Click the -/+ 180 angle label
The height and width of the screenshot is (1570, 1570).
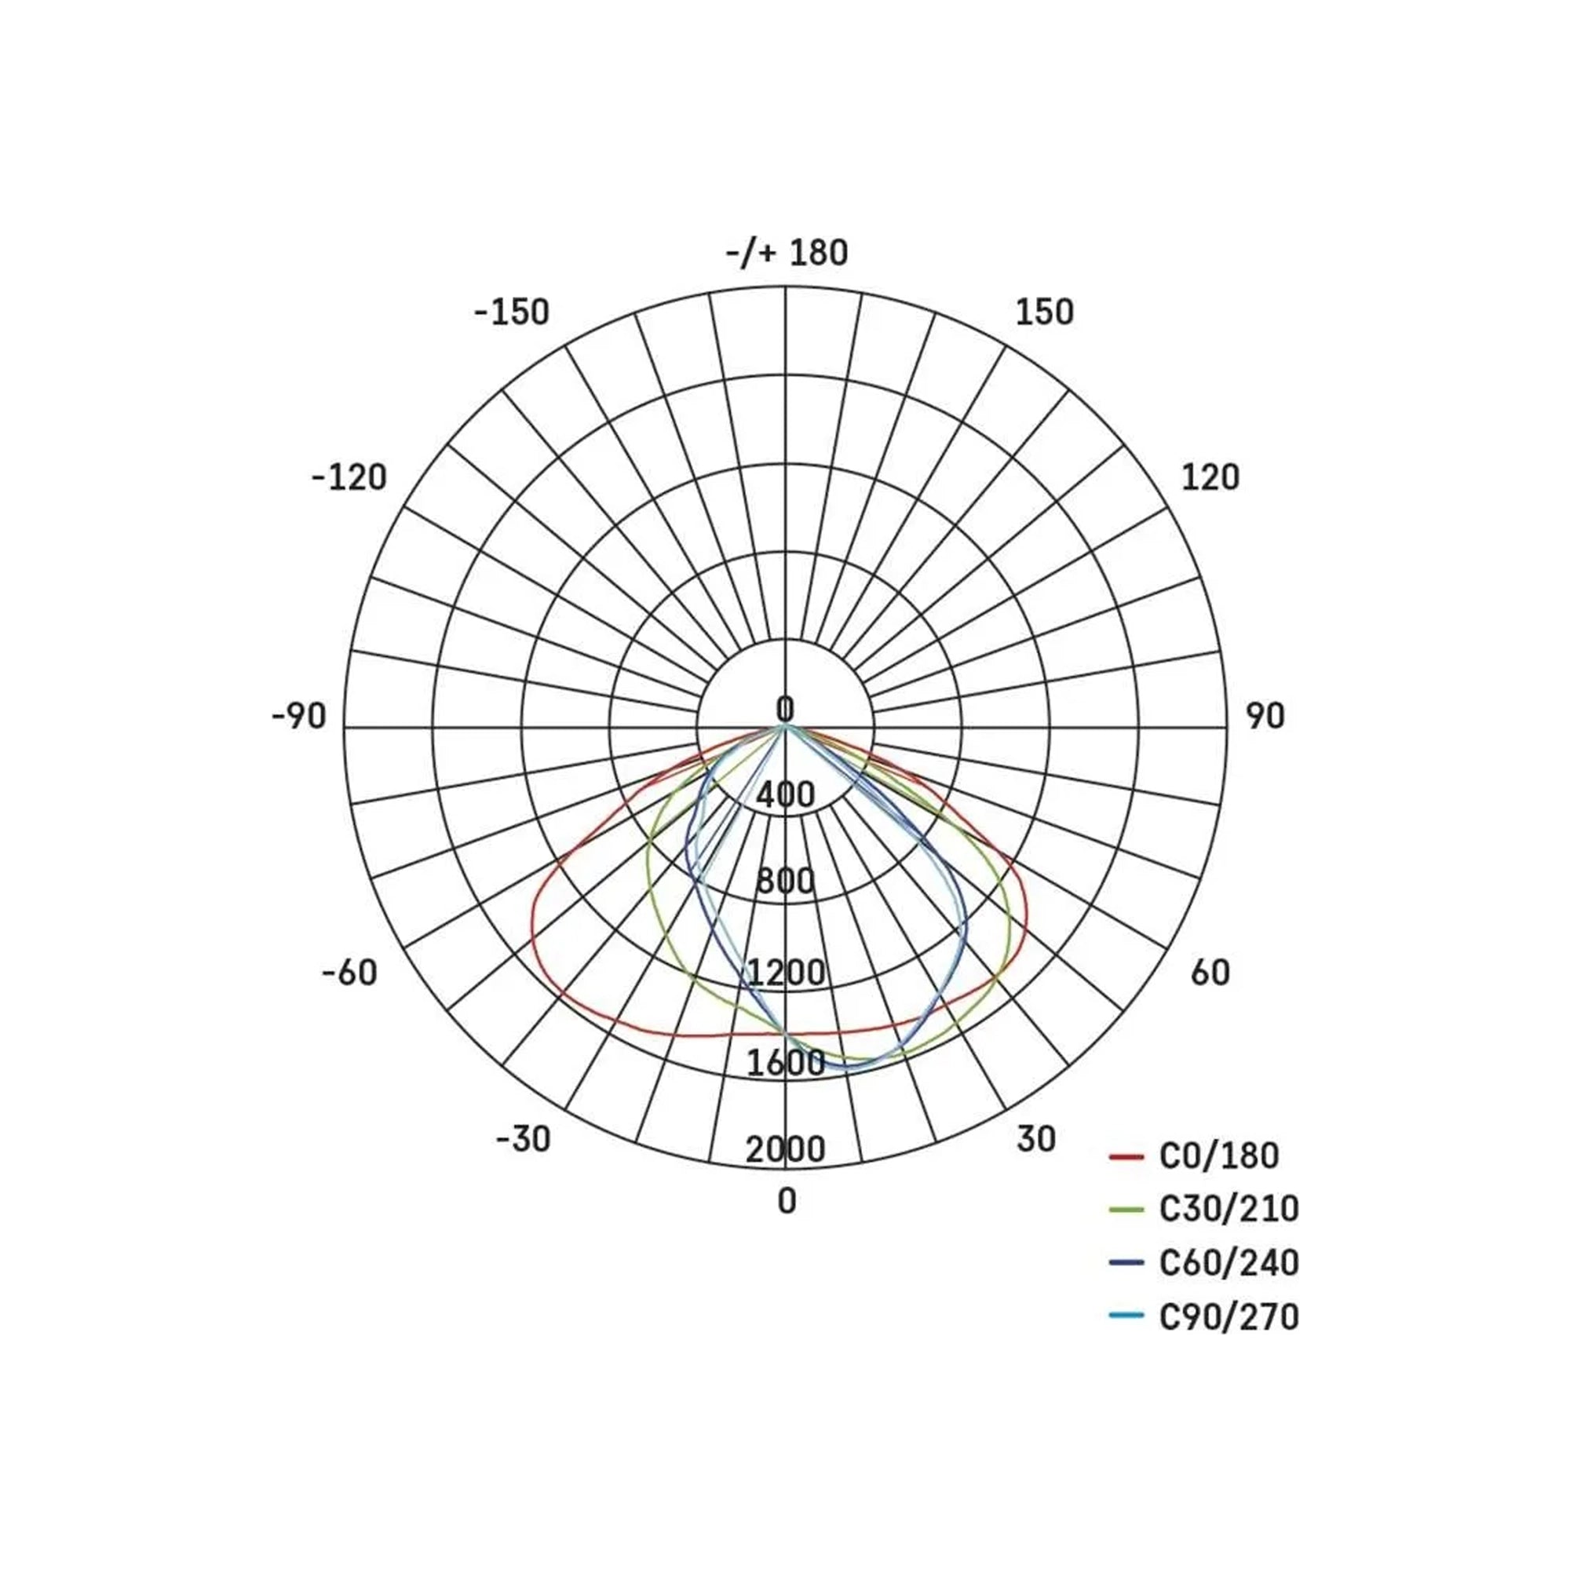pos(787,254)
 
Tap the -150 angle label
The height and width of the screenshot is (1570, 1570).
pos(512,312)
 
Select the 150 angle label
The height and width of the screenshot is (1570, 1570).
pos(1044,312)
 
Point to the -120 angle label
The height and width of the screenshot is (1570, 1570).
pos(349,478)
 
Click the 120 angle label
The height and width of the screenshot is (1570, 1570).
pos(1210,478)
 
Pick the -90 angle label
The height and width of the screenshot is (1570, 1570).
pos(299,717)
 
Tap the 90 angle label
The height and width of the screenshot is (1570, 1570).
pos(1265,717)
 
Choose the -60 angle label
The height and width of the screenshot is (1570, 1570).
pos(350,973)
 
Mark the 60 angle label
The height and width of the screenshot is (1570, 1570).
pos(1210,973)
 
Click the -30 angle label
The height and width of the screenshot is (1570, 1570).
pos(524,1139)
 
